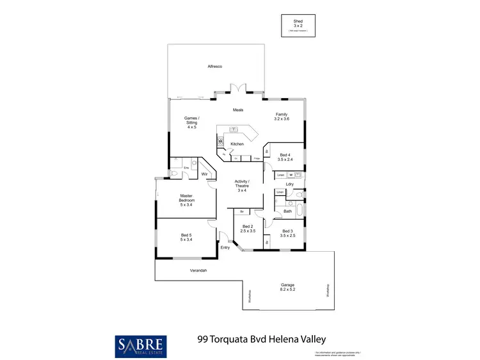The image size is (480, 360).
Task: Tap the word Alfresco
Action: (214, 67)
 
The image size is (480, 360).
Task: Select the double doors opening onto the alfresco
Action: (238, 90)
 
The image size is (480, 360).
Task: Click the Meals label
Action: (238, 110)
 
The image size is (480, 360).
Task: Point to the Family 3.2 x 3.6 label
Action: (282, 117)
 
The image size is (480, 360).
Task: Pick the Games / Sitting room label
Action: (191, 122)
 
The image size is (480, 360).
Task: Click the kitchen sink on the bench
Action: (234, 130)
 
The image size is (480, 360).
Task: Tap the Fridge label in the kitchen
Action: (257, 158)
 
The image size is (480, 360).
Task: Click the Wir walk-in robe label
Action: (205, 174)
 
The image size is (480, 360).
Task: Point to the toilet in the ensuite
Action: (174, 174)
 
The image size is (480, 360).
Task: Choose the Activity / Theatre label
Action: (242, 186)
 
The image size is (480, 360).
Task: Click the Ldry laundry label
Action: (289, 184)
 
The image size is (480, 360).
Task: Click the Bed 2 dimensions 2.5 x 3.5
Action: (248, 231)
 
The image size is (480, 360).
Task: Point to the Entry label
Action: (225, 247)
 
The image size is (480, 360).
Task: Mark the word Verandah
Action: (198, 271)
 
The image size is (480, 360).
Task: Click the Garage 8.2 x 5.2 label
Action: (287, 287)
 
